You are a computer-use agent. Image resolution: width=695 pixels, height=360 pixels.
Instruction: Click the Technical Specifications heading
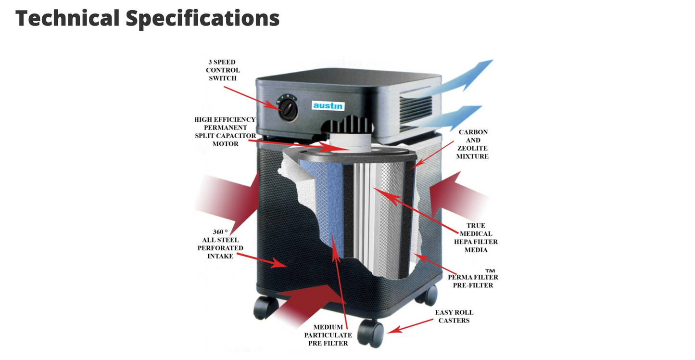(x=147, y=18)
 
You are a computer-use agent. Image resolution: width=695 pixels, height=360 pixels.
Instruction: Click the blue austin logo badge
(x=328, y=106)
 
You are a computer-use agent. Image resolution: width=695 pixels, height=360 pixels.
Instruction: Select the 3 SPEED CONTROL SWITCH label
(x=223, y=70)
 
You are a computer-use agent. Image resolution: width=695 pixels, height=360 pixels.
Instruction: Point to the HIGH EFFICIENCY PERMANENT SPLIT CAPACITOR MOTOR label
(x=225, y=131)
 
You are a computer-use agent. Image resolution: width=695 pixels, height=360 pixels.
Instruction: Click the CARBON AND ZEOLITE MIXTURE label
(x=472, y=144)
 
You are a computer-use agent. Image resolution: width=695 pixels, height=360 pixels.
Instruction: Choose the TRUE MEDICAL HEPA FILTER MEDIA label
(x=476, y=238)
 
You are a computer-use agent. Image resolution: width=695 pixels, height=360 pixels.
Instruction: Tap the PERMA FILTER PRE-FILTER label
(x=473, y=281)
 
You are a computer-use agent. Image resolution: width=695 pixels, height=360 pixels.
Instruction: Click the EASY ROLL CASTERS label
(x=454, y=317)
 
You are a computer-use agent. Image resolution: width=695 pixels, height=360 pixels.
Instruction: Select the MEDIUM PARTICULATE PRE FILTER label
(x=328, y=335)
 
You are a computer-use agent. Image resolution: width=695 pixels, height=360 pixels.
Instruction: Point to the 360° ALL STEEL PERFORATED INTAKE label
(x=220, y=244)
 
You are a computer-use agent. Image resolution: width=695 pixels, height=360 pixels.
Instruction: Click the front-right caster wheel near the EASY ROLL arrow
(x=370, y=334)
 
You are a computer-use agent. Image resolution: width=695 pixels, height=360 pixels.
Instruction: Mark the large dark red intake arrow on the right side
(x=458, y=195)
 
